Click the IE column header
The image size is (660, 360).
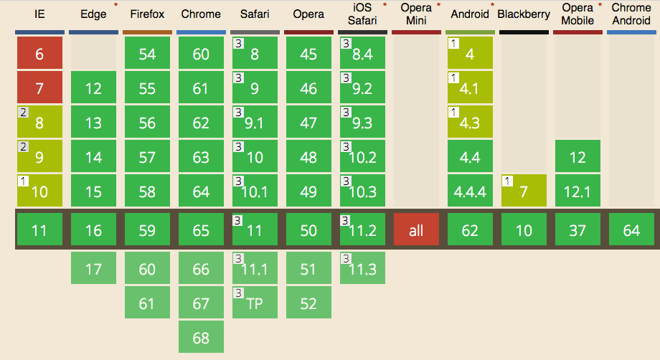pos(39,14)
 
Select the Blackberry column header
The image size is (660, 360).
pos(524,14)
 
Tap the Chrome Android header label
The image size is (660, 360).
pos(631,14)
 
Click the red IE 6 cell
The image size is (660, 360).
pos(39,53)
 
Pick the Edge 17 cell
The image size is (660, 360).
pos(93,269)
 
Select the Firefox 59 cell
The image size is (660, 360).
pos(147,230)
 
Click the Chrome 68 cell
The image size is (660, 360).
pos(201,337)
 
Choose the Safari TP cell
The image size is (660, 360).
pos(255,303)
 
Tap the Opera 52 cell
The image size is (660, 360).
pos(308,303)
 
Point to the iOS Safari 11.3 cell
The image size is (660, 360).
pos(362,269)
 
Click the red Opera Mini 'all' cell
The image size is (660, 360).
pos(416,230)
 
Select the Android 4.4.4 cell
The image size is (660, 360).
pos(470,191)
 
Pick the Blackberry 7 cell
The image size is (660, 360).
pos(524,191)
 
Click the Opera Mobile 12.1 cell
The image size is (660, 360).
pos(577,191)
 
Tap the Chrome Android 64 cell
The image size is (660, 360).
pos(631,230)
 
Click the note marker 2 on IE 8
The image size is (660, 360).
pos(23,113)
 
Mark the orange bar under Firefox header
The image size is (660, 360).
pos(147,32)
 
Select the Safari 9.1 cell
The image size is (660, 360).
pos(255,122)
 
